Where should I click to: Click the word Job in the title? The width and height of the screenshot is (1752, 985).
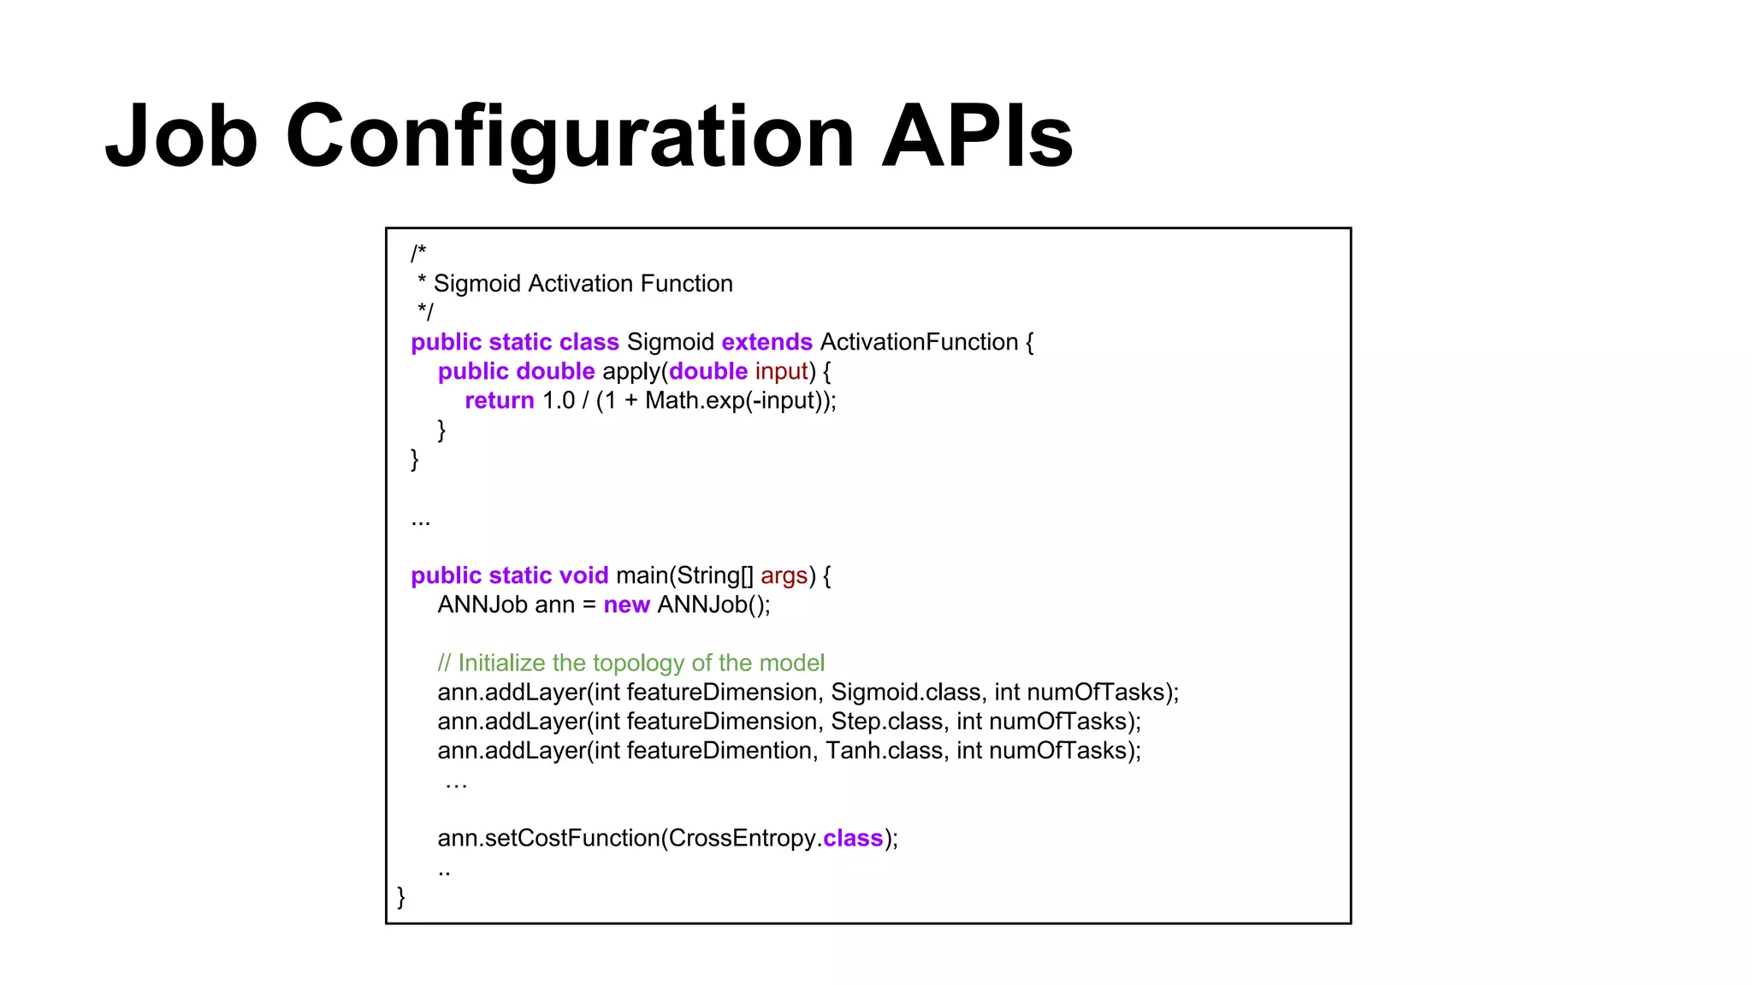click(x=181, y=137)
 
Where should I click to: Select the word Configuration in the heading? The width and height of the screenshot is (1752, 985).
click(x=570, y=137)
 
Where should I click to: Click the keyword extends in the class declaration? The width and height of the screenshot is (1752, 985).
click(x=766, y=342)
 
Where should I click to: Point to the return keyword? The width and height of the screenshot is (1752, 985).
click(x=500, y=400)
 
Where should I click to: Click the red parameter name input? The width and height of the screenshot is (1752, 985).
click(x=781, y=371)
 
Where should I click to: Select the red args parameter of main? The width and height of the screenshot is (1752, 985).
click(x=784, y=575)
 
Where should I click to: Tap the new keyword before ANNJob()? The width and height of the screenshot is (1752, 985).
click(x=626, y=605)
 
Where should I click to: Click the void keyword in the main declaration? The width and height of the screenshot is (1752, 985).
click(x=583, y=575)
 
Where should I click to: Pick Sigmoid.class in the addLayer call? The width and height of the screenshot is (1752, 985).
click(x=905, y=692)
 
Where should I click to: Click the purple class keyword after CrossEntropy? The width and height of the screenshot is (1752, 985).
click(x=852, y=838)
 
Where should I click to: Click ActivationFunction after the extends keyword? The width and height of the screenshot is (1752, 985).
click(x=919, y=342)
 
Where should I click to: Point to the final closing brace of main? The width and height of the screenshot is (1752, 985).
click(x=401, y=896)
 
